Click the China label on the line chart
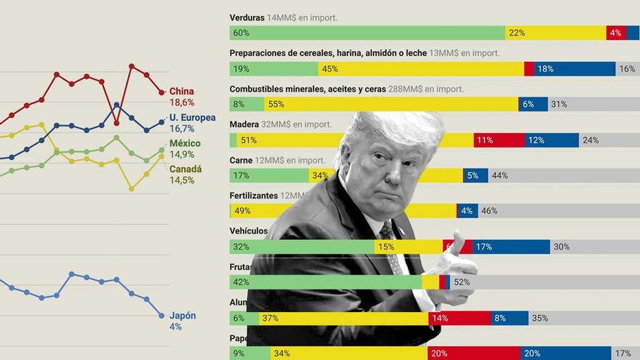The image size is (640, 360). (182, 91)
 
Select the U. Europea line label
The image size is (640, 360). (192, 117)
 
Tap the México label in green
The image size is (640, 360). (185, 143)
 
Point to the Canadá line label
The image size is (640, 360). (185, 169)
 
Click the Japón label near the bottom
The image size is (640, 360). (183, 316)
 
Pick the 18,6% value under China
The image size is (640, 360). (182, 103)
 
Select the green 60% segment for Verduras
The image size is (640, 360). (367, 33)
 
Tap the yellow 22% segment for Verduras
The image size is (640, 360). (556, 33)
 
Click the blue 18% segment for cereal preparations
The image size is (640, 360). (575, 69)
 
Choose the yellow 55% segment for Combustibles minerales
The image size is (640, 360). (391, 104)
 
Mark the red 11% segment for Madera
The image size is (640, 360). (499, 140)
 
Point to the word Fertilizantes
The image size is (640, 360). (254, 196)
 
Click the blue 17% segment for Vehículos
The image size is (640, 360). (511, 247)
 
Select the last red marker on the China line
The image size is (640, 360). (161, 92)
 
